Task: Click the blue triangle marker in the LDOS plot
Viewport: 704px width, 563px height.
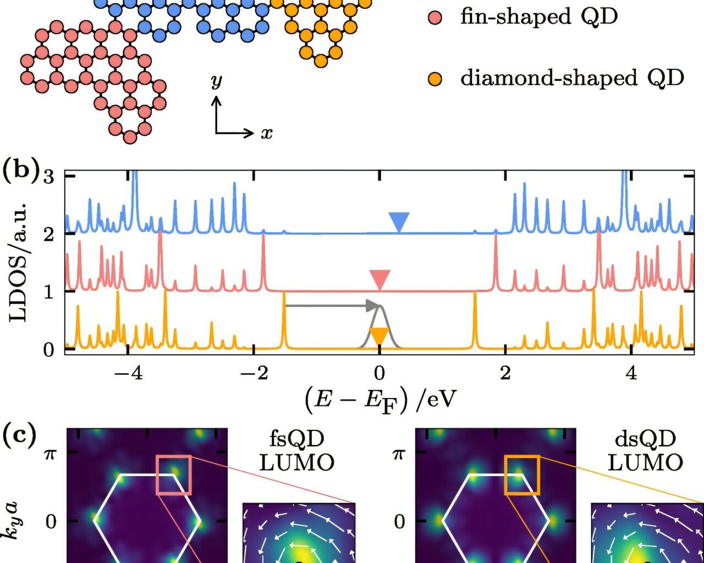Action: tap(399, 221)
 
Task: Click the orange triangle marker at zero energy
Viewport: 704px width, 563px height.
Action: tap(379, 335)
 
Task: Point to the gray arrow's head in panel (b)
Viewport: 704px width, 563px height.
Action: tap(375, 306)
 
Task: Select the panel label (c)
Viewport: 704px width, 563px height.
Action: tap(19, 435)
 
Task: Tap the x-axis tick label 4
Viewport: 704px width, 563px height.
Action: tap(631, 373)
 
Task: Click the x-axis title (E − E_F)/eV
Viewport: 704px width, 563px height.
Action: tap(380, 400)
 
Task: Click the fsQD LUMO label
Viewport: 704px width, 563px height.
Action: tap(297, 451)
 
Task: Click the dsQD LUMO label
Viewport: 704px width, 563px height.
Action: tap(645, 451)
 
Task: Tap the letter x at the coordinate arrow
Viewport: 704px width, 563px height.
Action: tap(267, 134)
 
